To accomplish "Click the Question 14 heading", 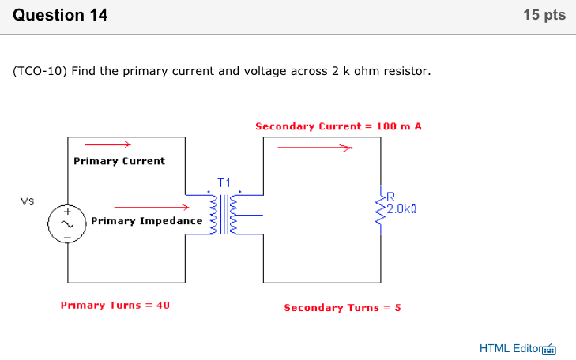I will pos(61,15).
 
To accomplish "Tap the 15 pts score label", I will pos(544,15).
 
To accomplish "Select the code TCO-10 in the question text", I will pos(40,71).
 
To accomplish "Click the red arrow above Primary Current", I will pos(107,144).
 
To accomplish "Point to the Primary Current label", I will pos(119,161).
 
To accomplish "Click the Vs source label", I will pos(27,201).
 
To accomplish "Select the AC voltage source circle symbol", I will pos(67,225).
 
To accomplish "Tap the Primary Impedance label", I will pos(146,221).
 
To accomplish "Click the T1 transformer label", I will pos(224,183).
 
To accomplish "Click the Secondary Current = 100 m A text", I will pos(337,126).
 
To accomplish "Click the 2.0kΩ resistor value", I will pos(401,209).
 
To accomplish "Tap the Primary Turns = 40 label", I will pos(115,305).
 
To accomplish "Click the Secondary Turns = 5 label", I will pos(342,307).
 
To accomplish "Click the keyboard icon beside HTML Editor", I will pos(550,349).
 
